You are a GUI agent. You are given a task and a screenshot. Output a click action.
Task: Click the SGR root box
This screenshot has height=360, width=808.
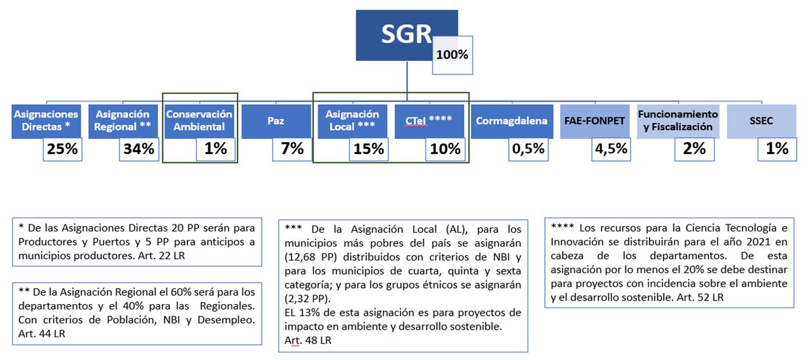407,35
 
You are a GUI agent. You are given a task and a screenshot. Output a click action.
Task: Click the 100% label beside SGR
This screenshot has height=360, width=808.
452,55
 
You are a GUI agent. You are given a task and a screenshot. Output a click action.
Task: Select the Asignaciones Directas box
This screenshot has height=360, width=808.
46,122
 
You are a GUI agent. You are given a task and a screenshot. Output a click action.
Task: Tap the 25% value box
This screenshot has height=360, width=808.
62,149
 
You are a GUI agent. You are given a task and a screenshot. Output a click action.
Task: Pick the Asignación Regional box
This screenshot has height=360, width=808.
123,122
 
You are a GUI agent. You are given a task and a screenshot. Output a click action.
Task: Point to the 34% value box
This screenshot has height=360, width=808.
139,149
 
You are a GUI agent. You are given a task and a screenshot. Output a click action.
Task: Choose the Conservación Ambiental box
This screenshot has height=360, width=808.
200,122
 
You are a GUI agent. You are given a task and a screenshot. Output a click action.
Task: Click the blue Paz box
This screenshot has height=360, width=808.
276,122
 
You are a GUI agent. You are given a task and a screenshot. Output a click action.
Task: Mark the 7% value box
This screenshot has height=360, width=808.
292,149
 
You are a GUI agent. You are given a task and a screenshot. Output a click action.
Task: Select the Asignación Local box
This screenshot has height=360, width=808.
352,122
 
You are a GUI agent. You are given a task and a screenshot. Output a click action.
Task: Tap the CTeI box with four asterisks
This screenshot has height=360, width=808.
430,122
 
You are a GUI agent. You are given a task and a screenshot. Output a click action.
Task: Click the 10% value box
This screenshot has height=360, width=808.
445,149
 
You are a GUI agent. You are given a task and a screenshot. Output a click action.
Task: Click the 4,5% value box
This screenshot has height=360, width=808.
611,149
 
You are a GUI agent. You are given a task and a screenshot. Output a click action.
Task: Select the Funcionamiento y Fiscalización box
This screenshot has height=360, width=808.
677,122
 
